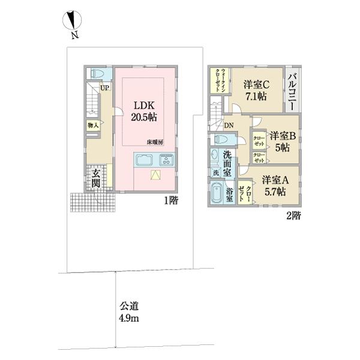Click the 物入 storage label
93,126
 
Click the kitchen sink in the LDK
145,161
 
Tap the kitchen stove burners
166,161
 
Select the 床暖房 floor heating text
154,142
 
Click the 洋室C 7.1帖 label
256,91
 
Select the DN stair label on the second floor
229,125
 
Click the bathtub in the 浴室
218,196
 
